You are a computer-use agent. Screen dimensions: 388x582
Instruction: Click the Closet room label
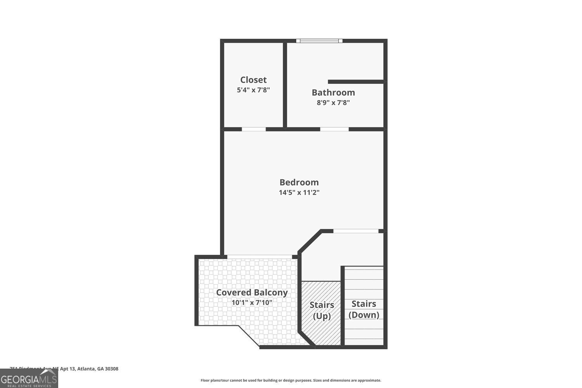click(253, 80)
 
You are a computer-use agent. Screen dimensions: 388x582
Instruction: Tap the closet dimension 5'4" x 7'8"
click(253, 90)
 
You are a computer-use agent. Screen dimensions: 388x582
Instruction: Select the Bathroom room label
click(333, 93)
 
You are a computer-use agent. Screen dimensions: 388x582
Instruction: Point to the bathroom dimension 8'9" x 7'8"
click(333, 103)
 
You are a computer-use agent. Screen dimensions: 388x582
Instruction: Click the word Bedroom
click(299, 182)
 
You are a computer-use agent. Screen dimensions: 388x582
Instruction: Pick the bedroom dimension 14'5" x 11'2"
click(299, 192)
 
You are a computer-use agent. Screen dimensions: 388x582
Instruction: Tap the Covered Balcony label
click(252, 293)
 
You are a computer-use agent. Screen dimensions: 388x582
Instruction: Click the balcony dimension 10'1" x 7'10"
click(252, 303)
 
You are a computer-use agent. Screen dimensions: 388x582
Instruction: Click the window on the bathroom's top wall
click(319, 40)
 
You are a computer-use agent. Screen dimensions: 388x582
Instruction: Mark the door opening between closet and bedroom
click(254, 129)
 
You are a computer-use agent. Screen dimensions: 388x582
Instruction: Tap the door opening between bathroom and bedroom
click(334, 129)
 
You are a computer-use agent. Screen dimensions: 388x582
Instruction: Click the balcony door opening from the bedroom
click(260, 256)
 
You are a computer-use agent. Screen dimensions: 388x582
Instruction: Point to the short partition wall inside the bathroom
click(355, 81)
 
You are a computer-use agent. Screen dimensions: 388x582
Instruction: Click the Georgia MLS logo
click(29, 379)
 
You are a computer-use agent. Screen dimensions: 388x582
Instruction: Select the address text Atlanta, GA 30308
click(97, 369)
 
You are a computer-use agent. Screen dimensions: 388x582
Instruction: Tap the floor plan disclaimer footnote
click(291, 381)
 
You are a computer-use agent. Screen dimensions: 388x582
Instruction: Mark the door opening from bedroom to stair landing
click(356, 231)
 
